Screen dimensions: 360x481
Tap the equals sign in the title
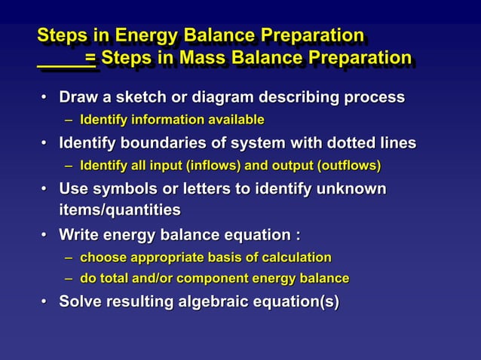pyautogui.click(x=90, y=58)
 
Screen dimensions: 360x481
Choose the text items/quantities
pyautogui.click(x=120, y=210)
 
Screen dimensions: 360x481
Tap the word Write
pyautogui.click(x=79, y=234)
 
